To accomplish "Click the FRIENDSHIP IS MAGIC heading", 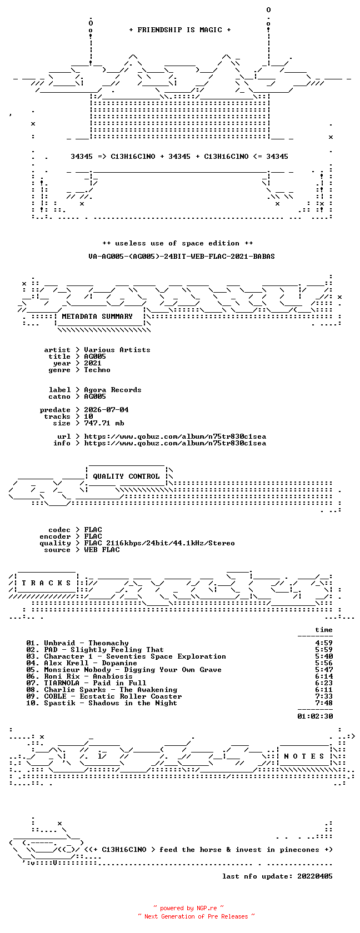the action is (x=180, y=30).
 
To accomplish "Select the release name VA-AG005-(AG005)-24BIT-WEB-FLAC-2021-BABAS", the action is (x=182, y=257).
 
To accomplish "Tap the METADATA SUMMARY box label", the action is (x=97, y=317).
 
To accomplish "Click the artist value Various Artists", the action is (x=117, y=350).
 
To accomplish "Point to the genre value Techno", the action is (x=97, y=370).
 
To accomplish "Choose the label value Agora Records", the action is (x=112, y=390).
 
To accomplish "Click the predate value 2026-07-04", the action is (x=106, y=410).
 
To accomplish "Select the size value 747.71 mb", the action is (x=104, y=423).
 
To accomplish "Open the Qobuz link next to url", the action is (x=175, y=437).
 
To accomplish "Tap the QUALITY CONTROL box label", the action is (x=126, y=476).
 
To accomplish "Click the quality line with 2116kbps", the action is (x=159, y=543).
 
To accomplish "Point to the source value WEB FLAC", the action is (x=102, y=550).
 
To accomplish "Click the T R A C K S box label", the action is (x=46, y=583).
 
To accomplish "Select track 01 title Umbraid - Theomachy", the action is (x=86, y=643).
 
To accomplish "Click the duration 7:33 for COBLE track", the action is (x=324, y=696).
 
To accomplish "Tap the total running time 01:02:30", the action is (x=315, y=716).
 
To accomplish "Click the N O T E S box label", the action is (x=304, y=756).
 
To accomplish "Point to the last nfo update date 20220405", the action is (x=315, y=876).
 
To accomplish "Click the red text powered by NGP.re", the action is (x=188, y=908).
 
